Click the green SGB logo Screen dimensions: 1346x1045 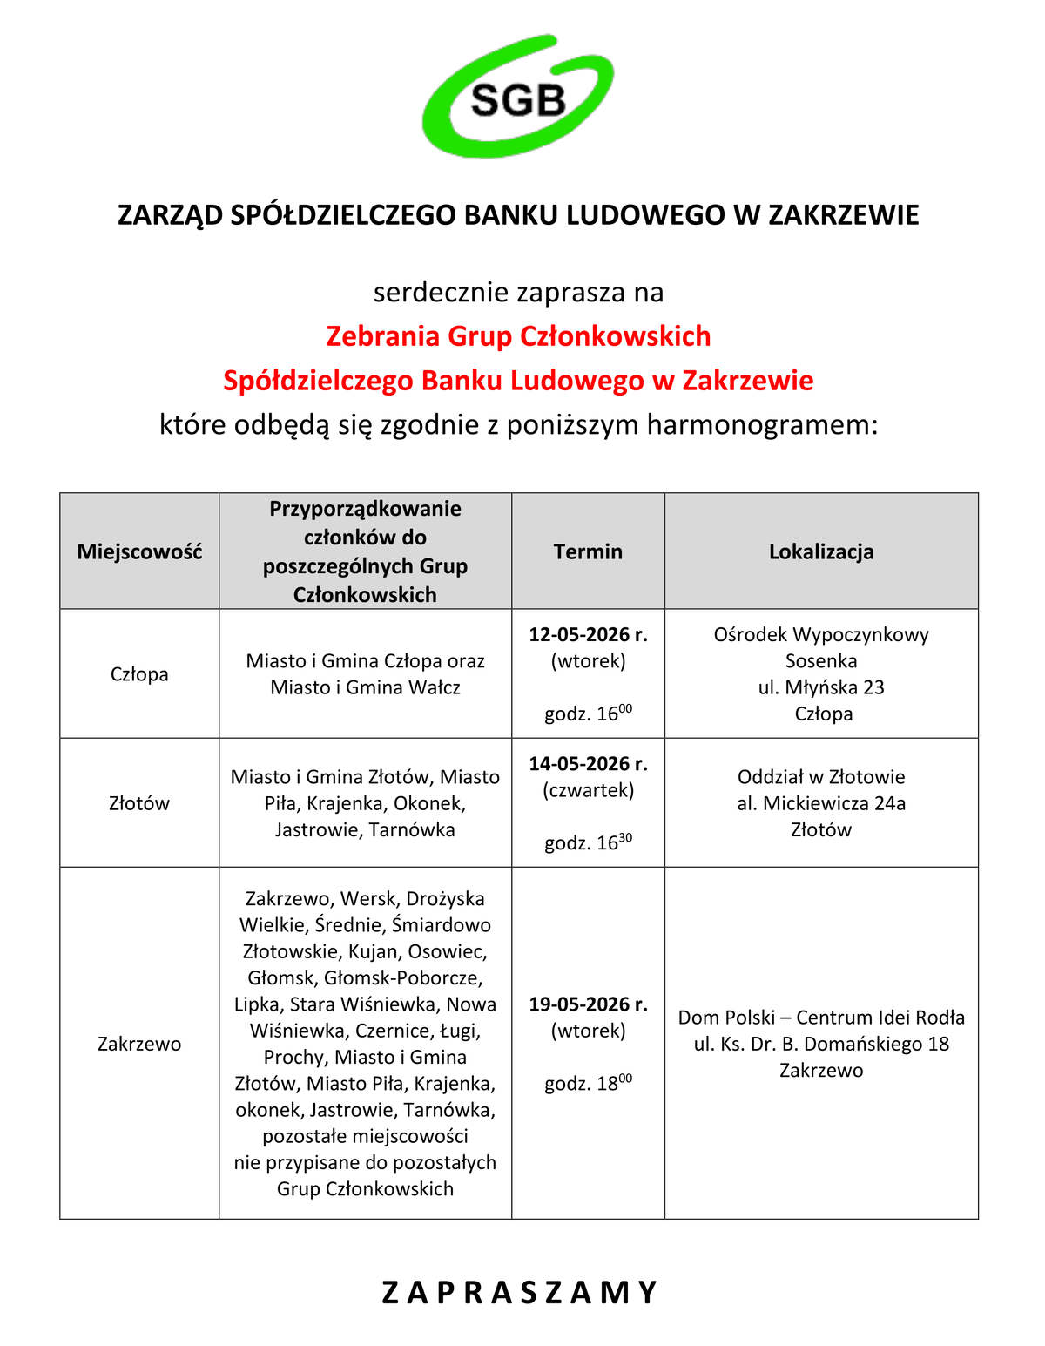coord(518,98)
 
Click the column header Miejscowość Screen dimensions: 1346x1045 coord(139,551)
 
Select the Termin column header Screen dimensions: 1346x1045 coord(588,551)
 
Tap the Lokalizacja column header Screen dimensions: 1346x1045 coord(821,551)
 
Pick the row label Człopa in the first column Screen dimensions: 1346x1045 coord(139,674)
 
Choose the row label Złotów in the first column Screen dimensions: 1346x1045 coord(139,803)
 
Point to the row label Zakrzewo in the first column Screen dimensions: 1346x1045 coord(139,1044)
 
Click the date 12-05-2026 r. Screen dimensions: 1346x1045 coord(588,634)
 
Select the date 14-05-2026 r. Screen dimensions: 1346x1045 coord(588,764)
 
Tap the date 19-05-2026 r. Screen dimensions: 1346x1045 coord(588,1004)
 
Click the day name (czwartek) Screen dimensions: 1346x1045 coord(588,790)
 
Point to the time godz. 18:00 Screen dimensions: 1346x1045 coord(588,1084)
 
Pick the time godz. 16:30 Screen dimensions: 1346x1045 coord(588,842)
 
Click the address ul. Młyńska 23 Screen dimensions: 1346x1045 coord(821,687)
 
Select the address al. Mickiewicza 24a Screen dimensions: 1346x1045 coord(821,803)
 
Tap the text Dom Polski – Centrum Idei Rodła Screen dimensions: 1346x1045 coord(821,1018)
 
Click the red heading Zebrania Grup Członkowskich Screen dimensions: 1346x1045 coord(518,336)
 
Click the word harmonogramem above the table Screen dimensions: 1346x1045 coord(762,425)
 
